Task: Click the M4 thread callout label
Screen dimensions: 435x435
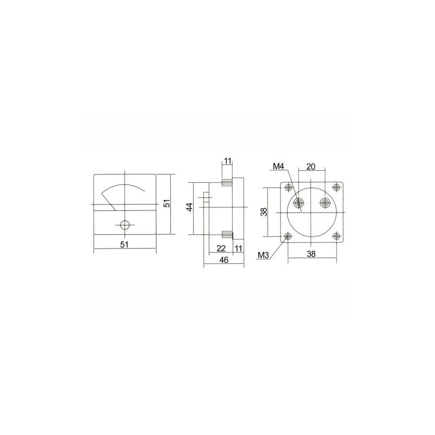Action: click(x=279, y=166)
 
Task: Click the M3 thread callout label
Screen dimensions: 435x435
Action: click(x=264, y=255)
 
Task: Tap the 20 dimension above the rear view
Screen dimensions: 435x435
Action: click(x=310, y=166)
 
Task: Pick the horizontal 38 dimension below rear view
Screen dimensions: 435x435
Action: click(x=311, y=253)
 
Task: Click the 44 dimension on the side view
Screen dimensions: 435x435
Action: click(x=190, y=207)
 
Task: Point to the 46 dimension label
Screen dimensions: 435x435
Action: click(x=223, y=260)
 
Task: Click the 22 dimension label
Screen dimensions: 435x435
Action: click(x=221, y=248)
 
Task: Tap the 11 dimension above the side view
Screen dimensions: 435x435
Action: click(x=227, y=161)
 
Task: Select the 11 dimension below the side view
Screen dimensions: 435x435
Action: click(x=238, y=248)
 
